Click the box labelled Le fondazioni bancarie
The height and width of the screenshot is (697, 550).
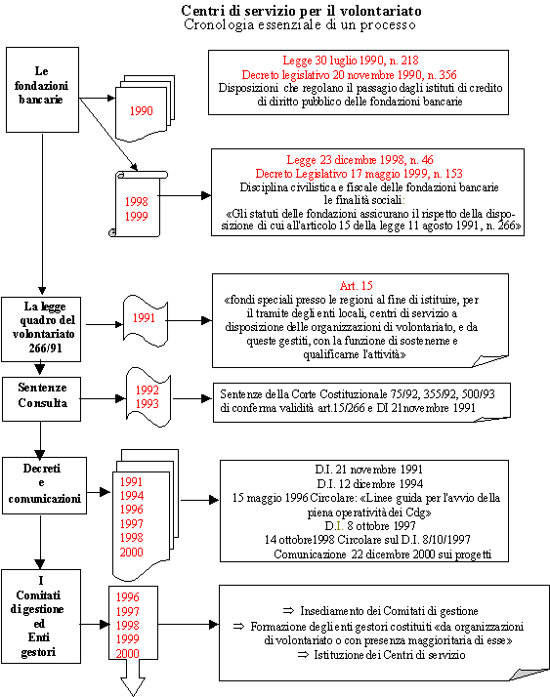click(42, 90)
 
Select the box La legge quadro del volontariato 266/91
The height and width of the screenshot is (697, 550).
click(41, 329)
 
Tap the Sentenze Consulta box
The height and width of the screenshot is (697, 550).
click(41, 399)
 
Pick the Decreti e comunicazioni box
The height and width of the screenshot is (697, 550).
click(45, 486)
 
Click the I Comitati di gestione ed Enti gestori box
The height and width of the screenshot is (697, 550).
click(41, 616)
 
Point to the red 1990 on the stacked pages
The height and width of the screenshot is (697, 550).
click(141, 110)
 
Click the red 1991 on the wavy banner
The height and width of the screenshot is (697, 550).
click(144, 318)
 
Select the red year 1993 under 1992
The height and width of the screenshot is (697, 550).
click(148, 403)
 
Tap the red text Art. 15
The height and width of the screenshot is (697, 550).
click(356, 285)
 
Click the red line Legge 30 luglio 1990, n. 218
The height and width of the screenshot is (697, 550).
click(351, 60)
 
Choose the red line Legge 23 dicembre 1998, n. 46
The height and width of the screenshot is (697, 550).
click(360, 159)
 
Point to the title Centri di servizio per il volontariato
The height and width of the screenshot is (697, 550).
click(301, 10)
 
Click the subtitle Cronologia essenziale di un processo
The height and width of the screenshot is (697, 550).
click(300, 24)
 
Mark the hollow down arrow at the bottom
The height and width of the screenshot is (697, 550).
click(133, 677)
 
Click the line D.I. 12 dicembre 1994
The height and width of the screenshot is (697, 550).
click(370, 483)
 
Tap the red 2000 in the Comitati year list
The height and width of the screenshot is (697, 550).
click(127, 653)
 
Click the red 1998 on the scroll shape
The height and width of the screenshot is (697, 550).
click(136, 202)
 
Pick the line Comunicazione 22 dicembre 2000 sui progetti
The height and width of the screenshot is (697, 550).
click(383, 554)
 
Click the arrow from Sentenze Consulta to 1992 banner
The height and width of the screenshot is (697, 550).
click(104, 398)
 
